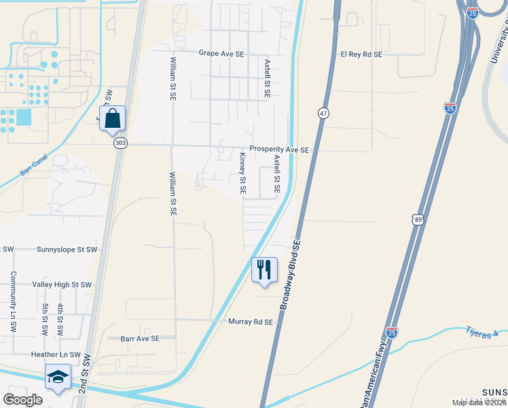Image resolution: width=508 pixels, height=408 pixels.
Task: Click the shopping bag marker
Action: (x=112, y=118)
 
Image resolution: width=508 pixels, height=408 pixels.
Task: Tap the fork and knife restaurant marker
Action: (x=264, y=269)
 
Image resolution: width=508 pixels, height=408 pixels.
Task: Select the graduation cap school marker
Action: (x=58, y=377)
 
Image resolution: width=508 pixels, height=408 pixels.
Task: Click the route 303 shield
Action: (x=120, y=143)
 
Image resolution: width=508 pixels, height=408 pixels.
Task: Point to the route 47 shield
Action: (x=323, y=114)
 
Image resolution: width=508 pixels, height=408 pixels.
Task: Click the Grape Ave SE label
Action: (x=221, y=52)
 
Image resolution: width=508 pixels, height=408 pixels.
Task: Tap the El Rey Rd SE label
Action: (x=361, y=54)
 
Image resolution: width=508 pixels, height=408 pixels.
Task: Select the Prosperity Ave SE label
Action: (x=278, y=150)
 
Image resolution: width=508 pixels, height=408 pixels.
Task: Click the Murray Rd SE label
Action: (x=251, y=322)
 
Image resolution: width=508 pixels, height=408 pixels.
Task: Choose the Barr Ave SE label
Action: (x=140, y=338)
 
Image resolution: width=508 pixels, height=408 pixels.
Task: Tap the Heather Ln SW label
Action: (x=56, y=355)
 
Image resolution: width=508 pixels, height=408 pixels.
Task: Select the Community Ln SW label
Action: (x=12, y=302)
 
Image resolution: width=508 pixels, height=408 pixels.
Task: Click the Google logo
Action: (x=23, y=399)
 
